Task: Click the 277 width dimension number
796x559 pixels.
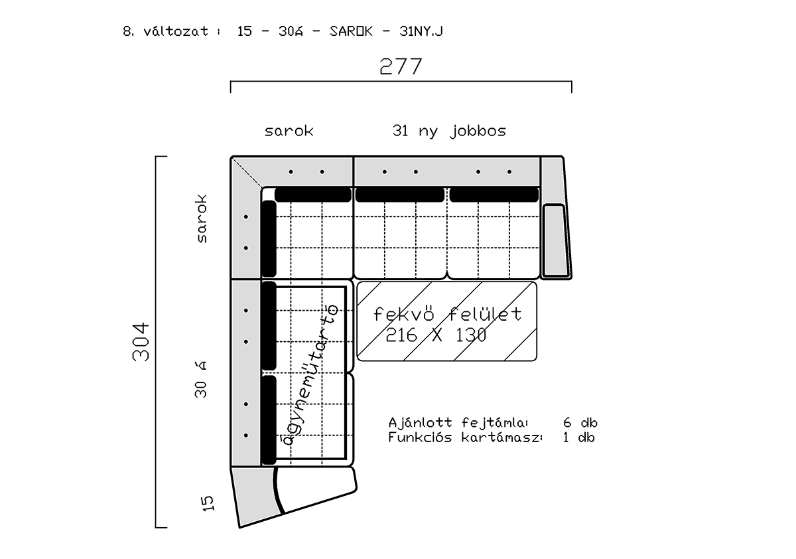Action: pyautogui.click(x=401, y=66)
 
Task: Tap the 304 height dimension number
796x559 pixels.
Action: pyautogui.click(x=141, y=342)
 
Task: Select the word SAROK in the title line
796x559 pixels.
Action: pyautogui.click(x=351, y=31)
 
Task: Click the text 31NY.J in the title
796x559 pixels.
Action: pyautogui.click(x=421, y=31)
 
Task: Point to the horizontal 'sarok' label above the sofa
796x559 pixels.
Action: pyautogui.click(x=289, y=131)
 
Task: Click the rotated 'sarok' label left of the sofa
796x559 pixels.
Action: pyautogui.click(x=201, y=218)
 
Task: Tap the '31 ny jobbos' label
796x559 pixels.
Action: pyautogui.click(x=449, y=131)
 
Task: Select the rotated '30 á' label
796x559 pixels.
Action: pyautogui.click(x=200, y=379)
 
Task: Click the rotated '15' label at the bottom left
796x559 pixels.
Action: pyautogui.click(x=208, y=503)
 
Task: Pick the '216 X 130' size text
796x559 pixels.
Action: pyautogui.click(x=436, y=335)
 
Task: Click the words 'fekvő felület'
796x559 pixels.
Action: pyautogui.click(x=447, y=314)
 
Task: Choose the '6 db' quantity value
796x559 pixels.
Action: pyautogui.click(x=580, y=423)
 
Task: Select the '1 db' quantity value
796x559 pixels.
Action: pyautogui.click(x=579, y=438)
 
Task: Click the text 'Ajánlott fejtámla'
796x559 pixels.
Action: pyautogui.click(x=456, y=423)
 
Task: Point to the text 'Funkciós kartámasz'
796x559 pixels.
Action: pyautogui.click(x=464, y=438)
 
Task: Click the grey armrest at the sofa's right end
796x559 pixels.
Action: pyautogui.click(x=556, y=218)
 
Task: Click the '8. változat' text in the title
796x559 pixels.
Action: pyautogui.click(x=166, y=31)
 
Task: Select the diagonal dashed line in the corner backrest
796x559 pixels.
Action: pyautogui.click(x=247, y=172)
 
